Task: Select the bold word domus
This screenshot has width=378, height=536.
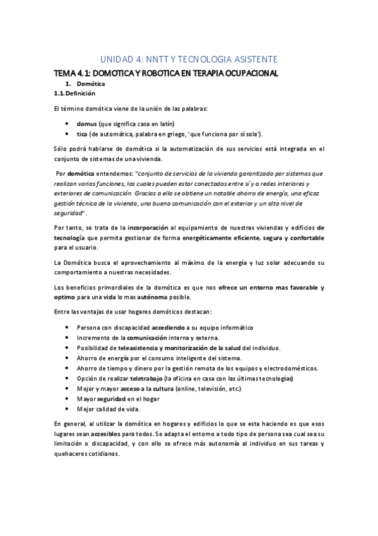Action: [86, 123]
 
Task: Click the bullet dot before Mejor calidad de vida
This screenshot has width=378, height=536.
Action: [67, 409]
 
